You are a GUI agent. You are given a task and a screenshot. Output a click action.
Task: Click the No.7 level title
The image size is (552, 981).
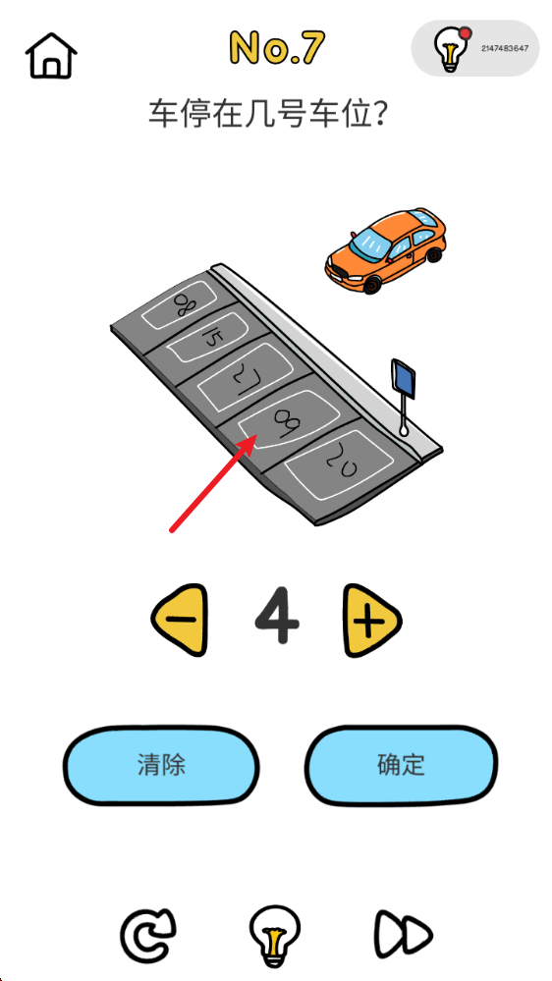[x=277, y=47]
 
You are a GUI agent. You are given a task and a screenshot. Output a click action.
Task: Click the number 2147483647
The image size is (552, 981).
[x=505, y=48]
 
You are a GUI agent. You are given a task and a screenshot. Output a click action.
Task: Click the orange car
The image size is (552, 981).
[x=386, y=250]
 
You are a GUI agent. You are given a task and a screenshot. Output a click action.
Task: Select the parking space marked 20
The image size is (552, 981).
[x=339, y=464]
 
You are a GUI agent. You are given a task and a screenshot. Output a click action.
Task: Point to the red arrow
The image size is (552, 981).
[x=213, y=484]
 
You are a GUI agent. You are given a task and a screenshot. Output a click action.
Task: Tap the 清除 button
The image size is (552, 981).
[x=161, y=765]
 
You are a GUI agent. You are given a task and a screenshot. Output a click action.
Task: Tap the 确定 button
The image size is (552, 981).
[x=401, y=765]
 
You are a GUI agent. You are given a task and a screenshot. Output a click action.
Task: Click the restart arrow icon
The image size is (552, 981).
[x=147, y=935]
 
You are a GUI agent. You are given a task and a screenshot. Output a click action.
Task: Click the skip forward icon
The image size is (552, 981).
[x=404, y=936]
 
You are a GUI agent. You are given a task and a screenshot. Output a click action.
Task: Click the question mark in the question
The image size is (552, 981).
[x=378, y=115]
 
